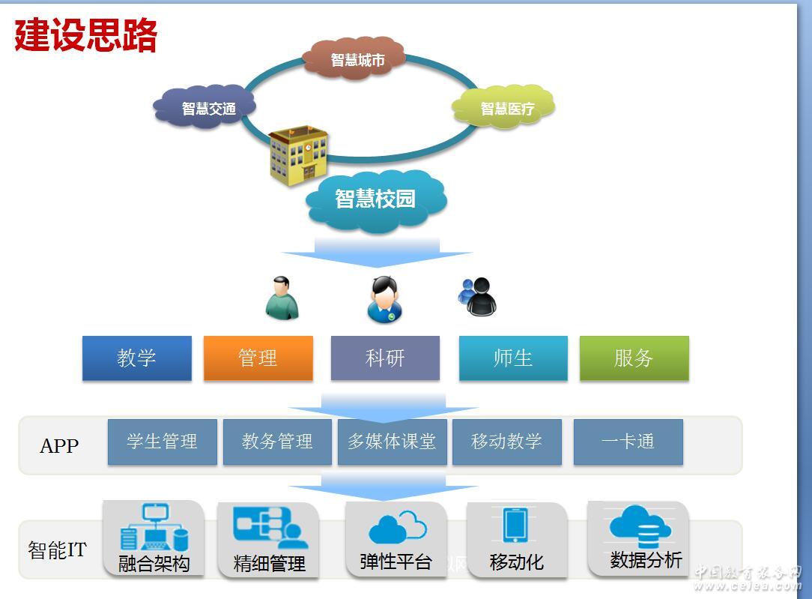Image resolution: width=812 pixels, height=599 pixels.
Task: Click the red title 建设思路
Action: [85, 35]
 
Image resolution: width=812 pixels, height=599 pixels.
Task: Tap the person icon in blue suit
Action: [385, 299]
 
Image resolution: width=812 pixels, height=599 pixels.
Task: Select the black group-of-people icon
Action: [477, 297]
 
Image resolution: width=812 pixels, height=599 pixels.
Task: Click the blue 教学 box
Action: [136, 358]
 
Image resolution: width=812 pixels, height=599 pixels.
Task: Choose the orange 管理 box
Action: [258, 358]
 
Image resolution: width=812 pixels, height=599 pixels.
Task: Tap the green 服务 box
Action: [634, 358]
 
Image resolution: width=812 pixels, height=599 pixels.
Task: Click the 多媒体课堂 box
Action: [392, 442]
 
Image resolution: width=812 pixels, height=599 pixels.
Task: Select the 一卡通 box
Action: [628, 442]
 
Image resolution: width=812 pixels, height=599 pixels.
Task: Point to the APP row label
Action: [58, 446]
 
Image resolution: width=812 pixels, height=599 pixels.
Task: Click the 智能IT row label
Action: [57, 550]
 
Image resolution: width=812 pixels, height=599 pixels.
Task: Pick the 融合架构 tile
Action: [154, 538]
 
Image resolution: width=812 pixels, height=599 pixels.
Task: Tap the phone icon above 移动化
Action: [515, 525]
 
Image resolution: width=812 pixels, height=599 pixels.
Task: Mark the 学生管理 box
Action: [162, 442]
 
